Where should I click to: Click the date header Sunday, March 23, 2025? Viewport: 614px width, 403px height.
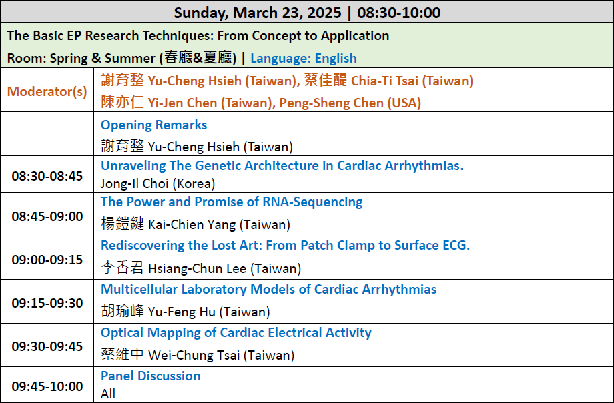(x=258, y=13)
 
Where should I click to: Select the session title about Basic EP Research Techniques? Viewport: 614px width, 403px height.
(x=198, y=35)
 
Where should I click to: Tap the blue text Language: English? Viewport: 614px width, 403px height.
(x=304, y=58)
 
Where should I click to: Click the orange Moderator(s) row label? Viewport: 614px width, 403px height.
(x=47, y=91)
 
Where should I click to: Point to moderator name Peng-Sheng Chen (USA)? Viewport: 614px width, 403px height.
(x=350, y=103)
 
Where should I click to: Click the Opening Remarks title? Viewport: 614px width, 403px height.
(x=154, y=125)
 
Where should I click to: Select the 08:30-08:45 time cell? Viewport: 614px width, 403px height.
(x=47, y=176)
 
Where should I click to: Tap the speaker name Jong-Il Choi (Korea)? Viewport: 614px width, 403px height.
(x=158, y=183)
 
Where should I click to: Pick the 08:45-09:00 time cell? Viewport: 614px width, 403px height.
(x=47, y=216)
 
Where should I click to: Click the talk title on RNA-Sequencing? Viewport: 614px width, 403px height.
(x=232, y=201)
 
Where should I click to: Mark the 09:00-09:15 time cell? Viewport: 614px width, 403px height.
(x=47, y=260)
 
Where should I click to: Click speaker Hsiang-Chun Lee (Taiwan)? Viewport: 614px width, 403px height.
(x=225, y=268)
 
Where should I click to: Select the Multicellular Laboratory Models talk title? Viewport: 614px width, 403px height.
(x=268, y=289)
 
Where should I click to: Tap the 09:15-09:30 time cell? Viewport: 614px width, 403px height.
(x=47, y=303)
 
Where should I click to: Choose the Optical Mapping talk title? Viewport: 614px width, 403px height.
(x=236, y=332)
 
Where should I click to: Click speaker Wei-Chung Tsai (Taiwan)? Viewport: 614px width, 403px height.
(x=222, y=355)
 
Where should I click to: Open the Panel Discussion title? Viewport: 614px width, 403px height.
(x=151, y=376)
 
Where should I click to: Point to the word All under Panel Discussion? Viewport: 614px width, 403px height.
(x=108, y=394)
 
